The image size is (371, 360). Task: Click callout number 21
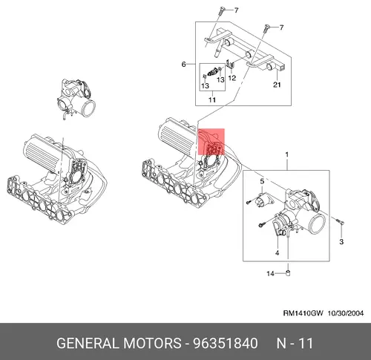coord(277,85)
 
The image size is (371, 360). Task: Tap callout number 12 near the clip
coord(232,78)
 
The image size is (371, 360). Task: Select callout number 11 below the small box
coord(212,99)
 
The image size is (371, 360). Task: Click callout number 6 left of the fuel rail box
coord(183,65)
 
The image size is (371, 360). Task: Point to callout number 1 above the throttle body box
coord(287,155)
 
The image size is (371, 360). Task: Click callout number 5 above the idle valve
coord(262,181)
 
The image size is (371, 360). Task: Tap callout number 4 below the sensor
coord(277,253)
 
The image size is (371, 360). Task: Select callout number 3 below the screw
coord(341,241)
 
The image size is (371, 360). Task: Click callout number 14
coord(270,273)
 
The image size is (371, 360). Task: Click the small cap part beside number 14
coord(288,273)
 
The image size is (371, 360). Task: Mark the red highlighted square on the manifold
coord(211,142)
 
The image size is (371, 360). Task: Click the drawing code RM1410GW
coord(303,313)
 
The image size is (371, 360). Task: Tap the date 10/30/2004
coord(346,313)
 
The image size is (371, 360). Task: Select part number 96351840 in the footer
coord(226,344)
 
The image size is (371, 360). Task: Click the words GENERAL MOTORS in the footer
coord(119,344)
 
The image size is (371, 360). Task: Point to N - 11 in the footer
coord(295,344)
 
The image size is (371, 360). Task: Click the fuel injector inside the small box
coord(213,72)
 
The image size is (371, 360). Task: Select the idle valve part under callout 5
coord(263,200)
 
